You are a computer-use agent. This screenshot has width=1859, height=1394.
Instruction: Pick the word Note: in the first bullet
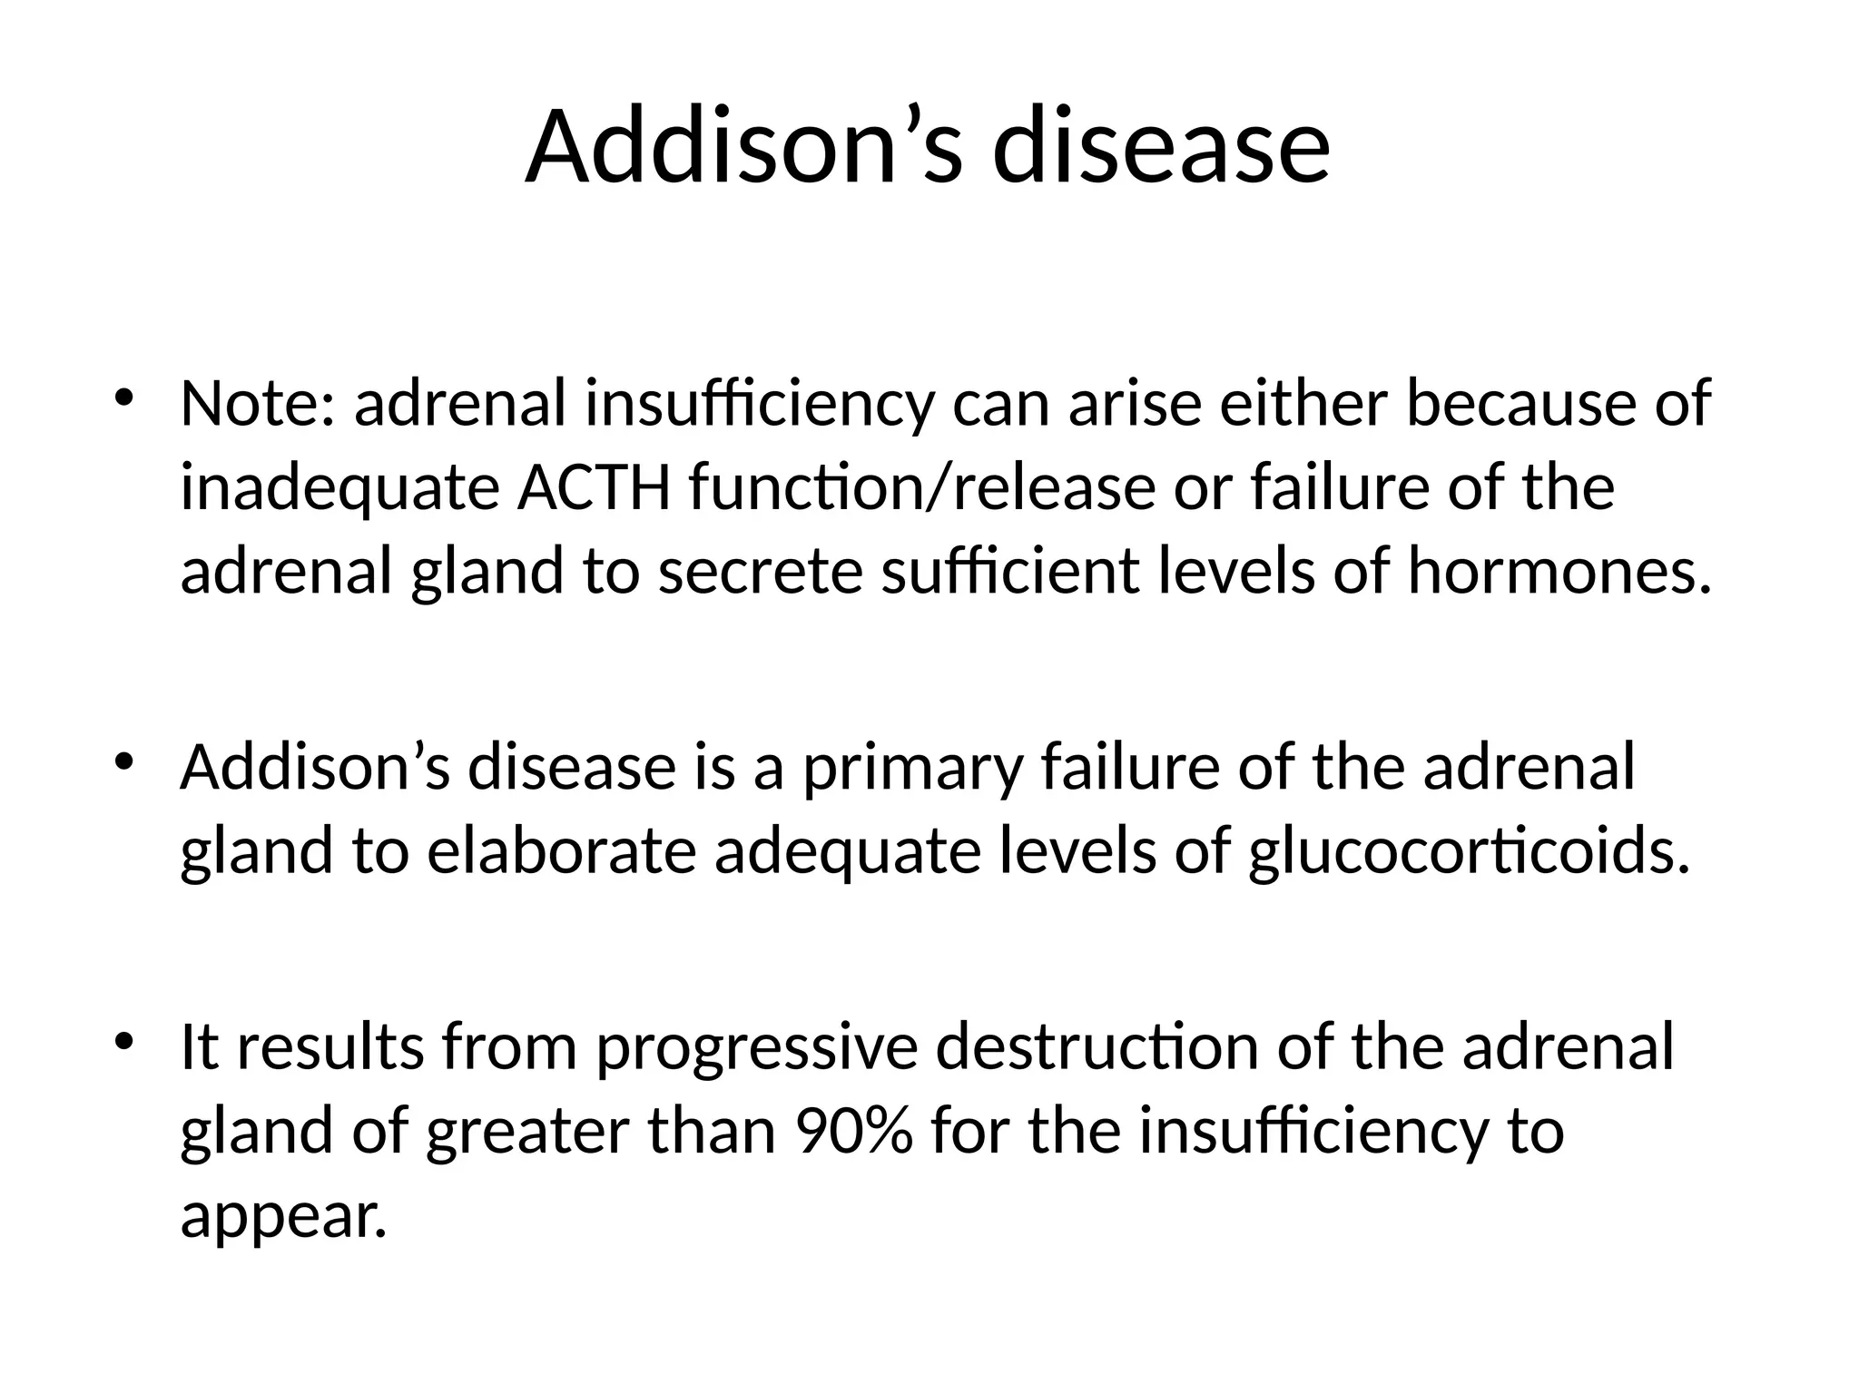[258, 404]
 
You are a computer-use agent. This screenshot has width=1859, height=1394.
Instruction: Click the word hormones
[1559, 573]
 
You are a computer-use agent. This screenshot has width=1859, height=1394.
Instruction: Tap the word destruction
[1097, 1047]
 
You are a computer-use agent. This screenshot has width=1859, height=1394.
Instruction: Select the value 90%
[852, 1132]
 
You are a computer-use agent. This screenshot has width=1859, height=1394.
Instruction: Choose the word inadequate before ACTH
[339, 488]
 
